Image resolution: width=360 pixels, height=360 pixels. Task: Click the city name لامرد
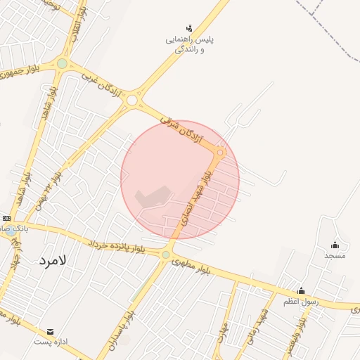52,261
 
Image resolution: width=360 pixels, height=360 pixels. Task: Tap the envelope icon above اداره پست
50,331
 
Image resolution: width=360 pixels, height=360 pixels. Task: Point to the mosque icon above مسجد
335,245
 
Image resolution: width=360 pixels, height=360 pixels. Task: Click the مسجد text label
335,256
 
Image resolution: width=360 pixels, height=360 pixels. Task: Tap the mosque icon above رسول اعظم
301,291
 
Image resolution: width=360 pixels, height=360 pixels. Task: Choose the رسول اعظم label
301,302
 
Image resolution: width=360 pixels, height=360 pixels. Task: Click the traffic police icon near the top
189,29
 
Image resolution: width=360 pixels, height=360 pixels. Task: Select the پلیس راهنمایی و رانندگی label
189,45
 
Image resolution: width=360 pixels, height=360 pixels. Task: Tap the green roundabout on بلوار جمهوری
62,64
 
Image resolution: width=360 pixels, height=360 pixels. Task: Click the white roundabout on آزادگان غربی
131,101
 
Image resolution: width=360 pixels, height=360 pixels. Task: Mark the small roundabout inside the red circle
220,153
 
